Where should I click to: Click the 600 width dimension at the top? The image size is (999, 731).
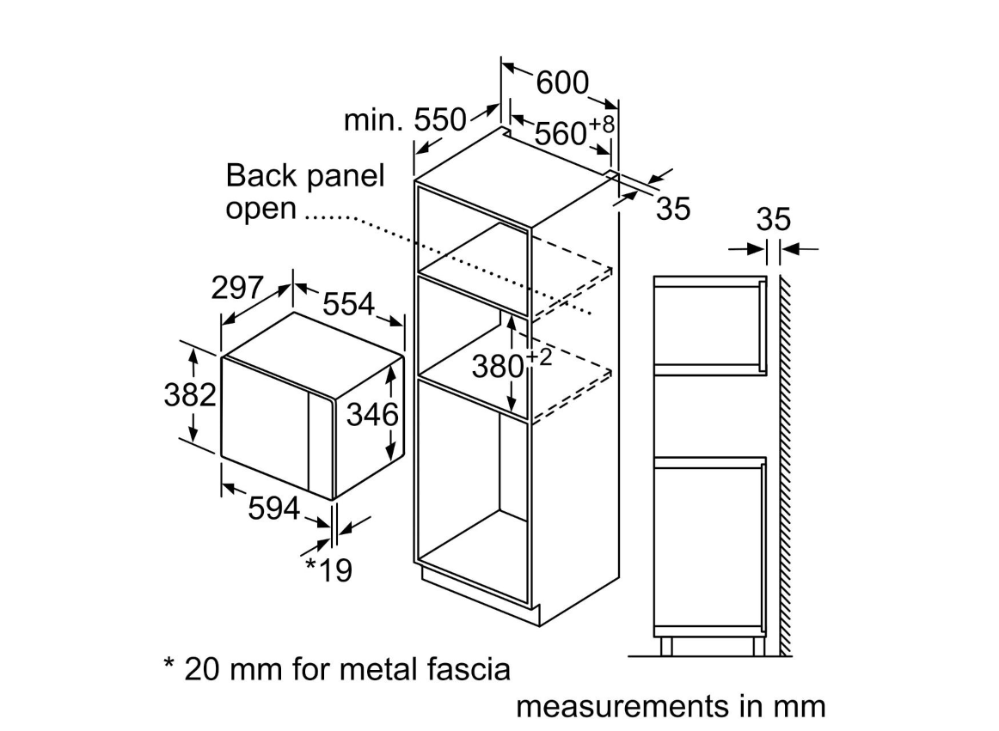point(562,82)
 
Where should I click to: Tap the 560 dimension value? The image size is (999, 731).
point(561,134)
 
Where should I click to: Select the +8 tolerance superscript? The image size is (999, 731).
point(602,125)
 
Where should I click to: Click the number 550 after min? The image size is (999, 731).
point(440,120)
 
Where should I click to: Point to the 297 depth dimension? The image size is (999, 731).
point(237,289)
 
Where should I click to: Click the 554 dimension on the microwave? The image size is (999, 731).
point(349,303)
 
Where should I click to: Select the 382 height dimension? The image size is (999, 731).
point(189,394)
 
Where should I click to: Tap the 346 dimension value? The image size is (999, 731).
point(372,415)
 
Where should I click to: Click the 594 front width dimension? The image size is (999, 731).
point(273,509)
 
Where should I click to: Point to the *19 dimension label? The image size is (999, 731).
point(329,570)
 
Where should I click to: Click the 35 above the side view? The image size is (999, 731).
point(773,220)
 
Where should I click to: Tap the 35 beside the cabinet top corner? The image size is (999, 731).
point(673,209)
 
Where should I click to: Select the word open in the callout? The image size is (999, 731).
point(260,210)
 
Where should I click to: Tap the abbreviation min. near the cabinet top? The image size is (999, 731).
point(373,121)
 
